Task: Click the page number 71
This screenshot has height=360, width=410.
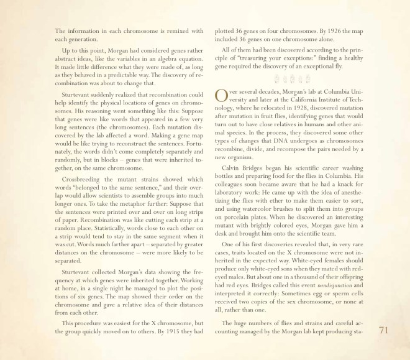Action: coord(383,330)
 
